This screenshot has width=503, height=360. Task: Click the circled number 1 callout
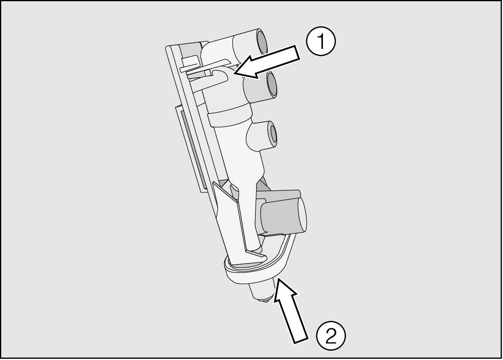click(x=321, y=41)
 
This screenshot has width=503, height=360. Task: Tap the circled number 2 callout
click(x=331, y=336)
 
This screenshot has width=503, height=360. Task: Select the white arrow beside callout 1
click(x=267, y=62)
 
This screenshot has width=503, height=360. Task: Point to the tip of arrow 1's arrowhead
click(x=234, y=73)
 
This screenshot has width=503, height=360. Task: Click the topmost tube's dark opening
click(x=262, y=42)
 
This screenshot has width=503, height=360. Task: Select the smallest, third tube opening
click(x=273, y=134)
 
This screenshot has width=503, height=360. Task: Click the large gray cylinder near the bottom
click(x=283, y=216)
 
